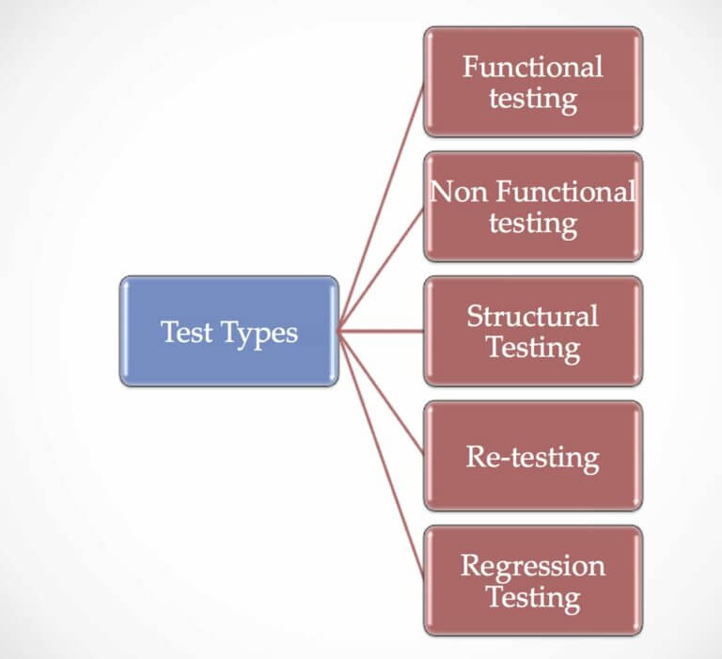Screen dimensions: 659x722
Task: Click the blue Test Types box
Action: pos(229,330)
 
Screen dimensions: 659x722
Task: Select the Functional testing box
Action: pos(533,82)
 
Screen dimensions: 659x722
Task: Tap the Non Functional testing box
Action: pos(533,206)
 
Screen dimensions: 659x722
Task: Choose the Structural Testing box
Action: pos(533,330)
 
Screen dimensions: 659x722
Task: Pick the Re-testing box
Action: pos(533,456)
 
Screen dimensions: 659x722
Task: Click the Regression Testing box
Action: pos(533,580)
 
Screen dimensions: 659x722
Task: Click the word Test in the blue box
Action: pos(185,332)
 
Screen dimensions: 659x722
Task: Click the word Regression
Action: pos(533,566)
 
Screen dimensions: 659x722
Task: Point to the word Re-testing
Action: pos(533,457)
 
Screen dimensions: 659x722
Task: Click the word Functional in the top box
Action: pos(533,67)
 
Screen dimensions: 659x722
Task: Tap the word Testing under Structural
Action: pos(533,347)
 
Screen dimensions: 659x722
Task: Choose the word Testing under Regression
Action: pos(533,597)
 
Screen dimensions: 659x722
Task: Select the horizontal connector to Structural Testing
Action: pos(382,330)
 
